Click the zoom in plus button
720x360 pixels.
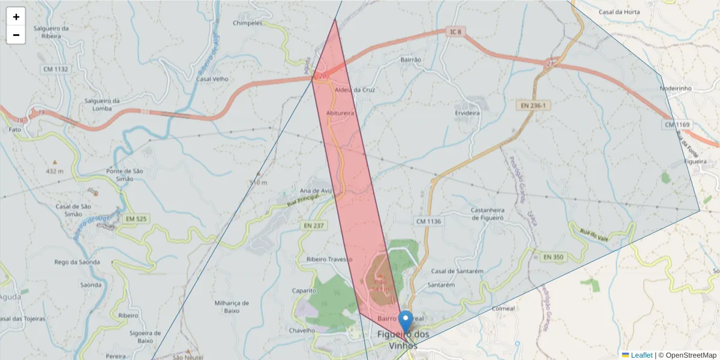point(16,17)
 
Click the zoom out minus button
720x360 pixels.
point(16,35)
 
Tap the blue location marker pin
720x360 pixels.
point(406,320)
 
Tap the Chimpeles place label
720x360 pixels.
point(247,23)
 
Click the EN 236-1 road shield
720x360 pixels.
point(532,106)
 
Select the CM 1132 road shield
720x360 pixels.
point(55,69)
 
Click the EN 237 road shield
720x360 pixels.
point(314,225)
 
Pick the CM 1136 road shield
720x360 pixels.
point(428,221)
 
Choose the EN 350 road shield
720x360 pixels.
point(553,257)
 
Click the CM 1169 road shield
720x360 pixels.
point(677,125)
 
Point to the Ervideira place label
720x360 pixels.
point(467,113)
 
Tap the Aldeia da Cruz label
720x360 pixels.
point(355,90)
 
